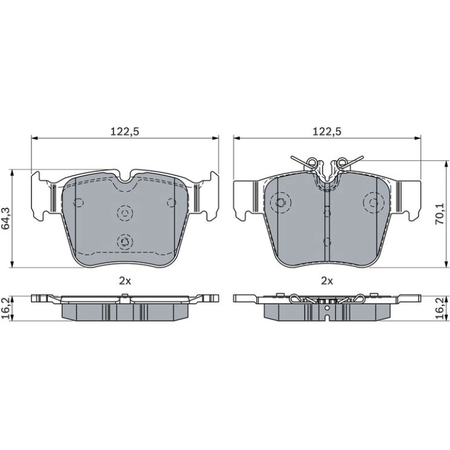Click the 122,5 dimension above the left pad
(125, 131)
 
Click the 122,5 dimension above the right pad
(327, 131)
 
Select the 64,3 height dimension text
(5, 219)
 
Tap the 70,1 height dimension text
(439, 214)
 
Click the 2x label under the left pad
(125, 281)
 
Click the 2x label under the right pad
(327, 281)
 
